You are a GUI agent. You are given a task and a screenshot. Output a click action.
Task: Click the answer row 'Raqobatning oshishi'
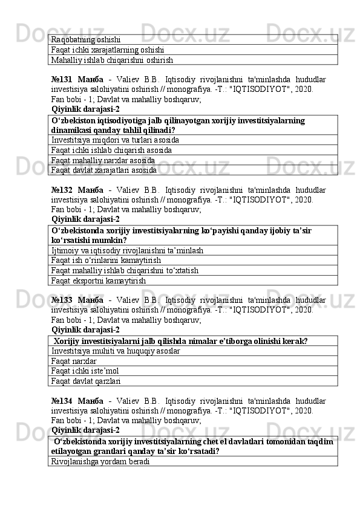[86, 40]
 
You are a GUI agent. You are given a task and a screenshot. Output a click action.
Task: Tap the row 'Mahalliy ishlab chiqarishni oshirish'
[112, 60]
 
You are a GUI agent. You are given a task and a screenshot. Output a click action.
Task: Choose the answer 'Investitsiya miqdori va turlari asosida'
[115, 140]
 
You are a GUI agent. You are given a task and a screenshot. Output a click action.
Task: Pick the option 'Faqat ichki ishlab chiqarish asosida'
[111, 150]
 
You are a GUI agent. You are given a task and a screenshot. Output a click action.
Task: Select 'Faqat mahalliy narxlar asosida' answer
[103, 160]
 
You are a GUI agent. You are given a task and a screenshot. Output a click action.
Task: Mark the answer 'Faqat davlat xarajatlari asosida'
[104, 170]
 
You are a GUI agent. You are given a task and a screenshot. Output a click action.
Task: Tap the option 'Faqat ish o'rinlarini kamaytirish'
[106, 260]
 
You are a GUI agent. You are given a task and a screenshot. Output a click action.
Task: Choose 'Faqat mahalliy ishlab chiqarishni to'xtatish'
[125, 270]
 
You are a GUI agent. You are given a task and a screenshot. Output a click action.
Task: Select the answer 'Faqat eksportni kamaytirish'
[99, 280]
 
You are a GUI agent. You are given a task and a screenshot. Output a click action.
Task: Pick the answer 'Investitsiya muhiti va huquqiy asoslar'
[116, 351]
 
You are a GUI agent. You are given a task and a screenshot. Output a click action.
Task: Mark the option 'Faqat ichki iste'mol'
[85, 371]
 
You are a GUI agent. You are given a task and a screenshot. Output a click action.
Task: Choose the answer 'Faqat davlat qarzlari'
[86, 381]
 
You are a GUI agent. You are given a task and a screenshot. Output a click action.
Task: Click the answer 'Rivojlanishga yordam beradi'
[100, 461]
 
